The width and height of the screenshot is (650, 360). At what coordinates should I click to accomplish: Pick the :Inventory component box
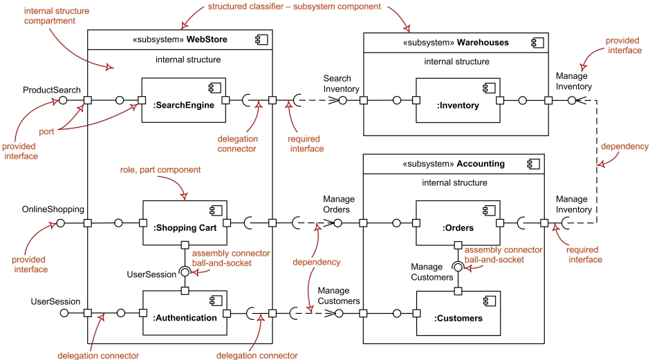pos(458,100)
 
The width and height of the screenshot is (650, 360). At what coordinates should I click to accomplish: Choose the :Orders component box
pos(458,223)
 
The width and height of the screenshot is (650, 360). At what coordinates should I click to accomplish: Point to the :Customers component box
pos(458,313)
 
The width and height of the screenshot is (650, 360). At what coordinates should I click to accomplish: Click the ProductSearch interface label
pos(52,90)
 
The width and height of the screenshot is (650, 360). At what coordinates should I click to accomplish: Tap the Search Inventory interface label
pos(341,84)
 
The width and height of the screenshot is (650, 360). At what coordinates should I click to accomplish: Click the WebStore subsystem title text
pos(180,40)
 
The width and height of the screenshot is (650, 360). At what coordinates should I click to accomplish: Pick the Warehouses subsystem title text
pos(456,42)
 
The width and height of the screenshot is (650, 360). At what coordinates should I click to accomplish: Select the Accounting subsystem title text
pos(456,164)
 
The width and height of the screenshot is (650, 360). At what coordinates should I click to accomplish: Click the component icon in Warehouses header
pos(535,42)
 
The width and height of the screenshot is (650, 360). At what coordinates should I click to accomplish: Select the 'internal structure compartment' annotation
pos(49,17)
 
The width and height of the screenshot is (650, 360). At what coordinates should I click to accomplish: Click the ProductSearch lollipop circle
pos(62,100)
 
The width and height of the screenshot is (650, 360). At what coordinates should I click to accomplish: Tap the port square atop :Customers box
pos(458,291)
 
